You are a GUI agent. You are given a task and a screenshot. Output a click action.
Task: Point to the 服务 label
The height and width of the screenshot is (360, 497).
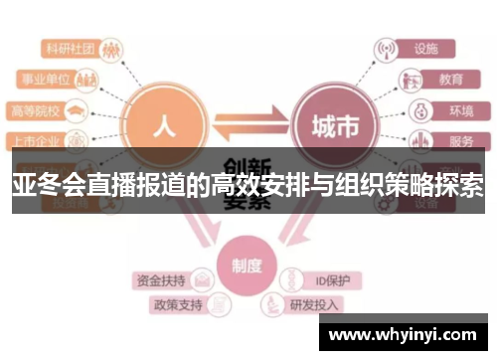(460, 140)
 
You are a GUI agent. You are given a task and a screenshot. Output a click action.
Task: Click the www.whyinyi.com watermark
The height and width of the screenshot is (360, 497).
(404, 334)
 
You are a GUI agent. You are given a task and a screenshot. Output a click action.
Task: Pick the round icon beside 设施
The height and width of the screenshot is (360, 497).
(386, 47)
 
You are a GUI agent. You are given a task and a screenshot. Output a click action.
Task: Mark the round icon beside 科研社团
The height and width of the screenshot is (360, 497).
(112, 47)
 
